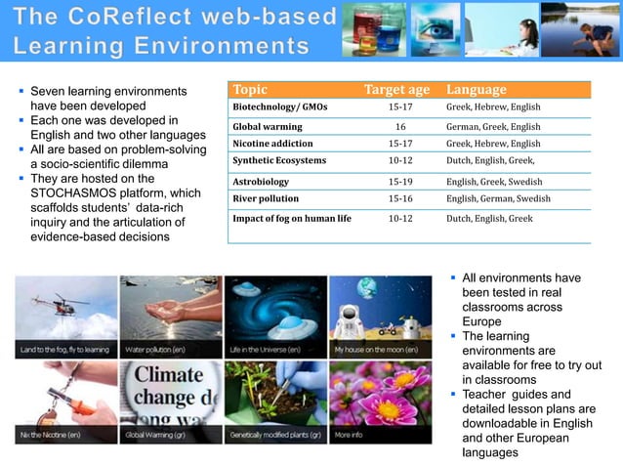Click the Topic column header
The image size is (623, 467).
[251, 90]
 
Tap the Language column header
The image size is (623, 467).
[477, 90]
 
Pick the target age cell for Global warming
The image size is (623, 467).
[400, 127]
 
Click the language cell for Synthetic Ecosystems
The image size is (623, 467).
[490, 160]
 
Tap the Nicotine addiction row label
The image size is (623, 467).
[272, 144]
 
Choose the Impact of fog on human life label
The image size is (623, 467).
[291, 219]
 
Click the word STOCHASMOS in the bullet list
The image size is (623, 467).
[75, 193]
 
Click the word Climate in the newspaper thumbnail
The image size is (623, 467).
[169, 375]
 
